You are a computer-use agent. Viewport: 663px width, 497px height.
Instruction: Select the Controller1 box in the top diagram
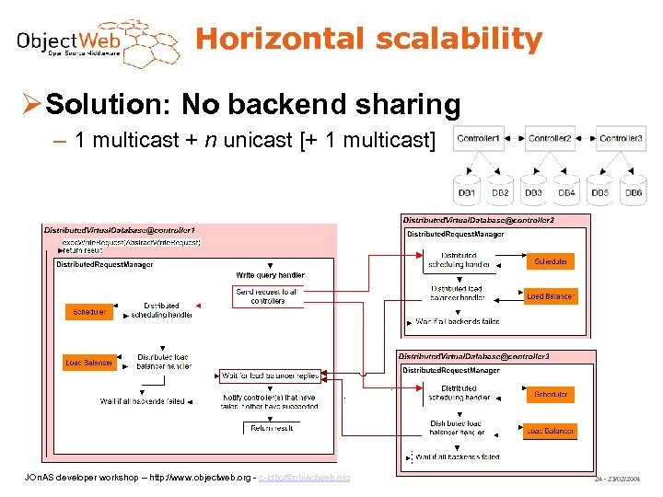click(479, 139)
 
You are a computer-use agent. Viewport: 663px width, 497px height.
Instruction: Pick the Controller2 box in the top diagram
click(550, 139)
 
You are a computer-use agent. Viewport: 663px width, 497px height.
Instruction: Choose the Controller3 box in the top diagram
click(621, 139)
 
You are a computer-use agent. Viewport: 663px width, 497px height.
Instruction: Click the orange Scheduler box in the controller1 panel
click(88, 312)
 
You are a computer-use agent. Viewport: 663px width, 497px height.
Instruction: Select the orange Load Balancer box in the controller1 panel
click(88, 363)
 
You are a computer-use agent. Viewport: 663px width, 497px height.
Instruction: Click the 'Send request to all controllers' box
click(267, 295)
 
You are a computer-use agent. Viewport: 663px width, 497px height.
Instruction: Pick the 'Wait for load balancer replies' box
click(270, 376)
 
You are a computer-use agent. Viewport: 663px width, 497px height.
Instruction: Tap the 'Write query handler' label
click(270, 275)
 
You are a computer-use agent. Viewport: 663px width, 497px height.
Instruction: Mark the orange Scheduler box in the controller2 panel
click(552, 261)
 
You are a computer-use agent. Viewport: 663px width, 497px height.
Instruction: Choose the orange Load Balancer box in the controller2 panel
click(551, 296)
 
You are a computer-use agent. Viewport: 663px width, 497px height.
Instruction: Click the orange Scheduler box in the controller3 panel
click(551, 394)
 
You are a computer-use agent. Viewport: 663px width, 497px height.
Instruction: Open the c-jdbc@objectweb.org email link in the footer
click(304, 478)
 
